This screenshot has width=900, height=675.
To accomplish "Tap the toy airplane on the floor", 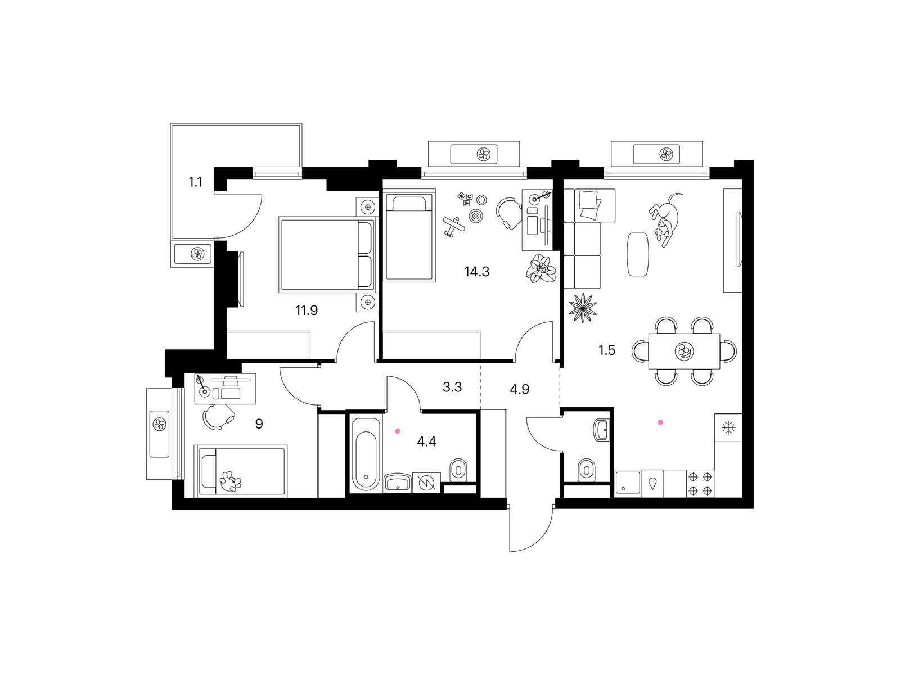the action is point(454,226).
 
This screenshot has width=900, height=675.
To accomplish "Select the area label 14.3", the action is point(476,271).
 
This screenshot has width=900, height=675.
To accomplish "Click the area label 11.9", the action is point(307,310).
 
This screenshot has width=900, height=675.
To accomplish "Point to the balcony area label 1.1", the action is point(195,182).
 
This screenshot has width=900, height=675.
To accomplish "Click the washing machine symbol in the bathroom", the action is point(426,483).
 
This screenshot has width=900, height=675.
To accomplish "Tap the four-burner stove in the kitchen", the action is point(700,484).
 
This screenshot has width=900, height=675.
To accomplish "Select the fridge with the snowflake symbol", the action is point(728,427).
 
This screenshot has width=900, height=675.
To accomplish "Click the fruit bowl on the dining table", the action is point(684,351).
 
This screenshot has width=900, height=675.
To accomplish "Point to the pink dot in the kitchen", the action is point(660,422).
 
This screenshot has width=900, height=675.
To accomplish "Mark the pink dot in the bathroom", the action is point(397,431).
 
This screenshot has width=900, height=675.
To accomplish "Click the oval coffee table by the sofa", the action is point(638,254).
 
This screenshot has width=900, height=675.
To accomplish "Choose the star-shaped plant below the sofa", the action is point(583,308).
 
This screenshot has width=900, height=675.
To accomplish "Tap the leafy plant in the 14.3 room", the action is point(541,268).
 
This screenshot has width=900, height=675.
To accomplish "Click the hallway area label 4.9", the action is point(519,389).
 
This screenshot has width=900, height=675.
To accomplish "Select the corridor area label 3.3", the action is point(452,387).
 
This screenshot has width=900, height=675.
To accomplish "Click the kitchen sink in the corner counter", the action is point(628,484).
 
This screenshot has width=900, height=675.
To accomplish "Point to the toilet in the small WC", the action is point(587,469).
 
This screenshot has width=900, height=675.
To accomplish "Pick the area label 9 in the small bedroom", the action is point(259,424).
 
